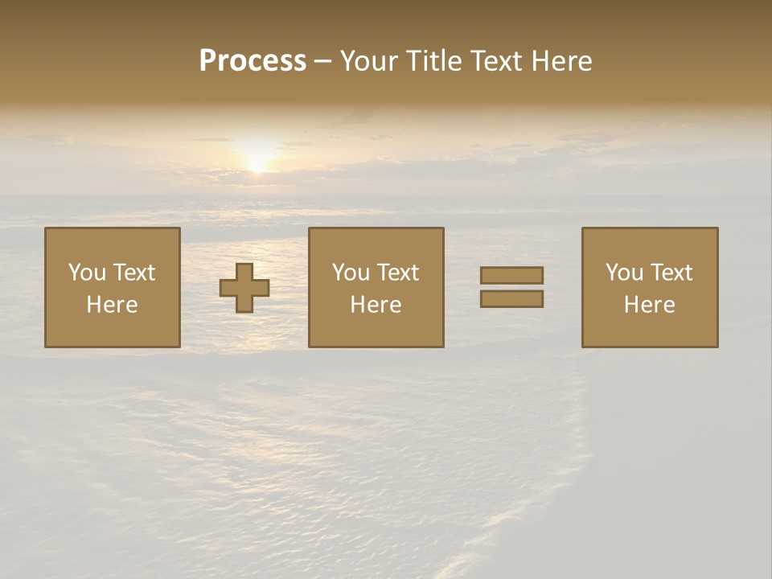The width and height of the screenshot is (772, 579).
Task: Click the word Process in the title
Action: click(253, 61)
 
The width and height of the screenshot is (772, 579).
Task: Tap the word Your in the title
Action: click(368, 61)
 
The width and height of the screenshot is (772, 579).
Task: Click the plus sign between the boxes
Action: click(244, 288)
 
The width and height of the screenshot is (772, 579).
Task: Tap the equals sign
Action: click(511, 287)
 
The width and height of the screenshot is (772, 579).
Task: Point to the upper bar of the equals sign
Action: click(511, 275)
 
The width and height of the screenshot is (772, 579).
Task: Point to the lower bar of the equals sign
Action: click(511, 299)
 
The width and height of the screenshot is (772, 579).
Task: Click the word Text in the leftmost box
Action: click(133, 273)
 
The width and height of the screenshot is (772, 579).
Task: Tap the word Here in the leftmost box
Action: click(113, 305)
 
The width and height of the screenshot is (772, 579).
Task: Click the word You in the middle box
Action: click(351, 273)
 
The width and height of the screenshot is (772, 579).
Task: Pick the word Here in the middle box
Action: click(376, 305)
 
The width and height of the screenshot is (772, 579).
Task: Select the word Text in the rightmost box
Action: click(671, 273)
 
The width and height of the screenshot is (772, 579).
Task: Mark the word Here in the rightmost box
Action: click(650, 305)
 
